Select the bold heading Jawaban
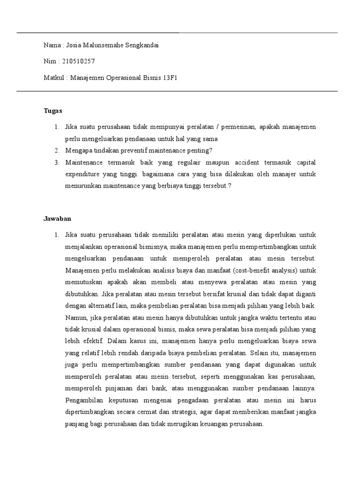[x=57, y=218]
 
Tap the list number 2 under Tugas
[x=56, y=150]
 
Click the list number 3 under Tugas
[x=56, y=162]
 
